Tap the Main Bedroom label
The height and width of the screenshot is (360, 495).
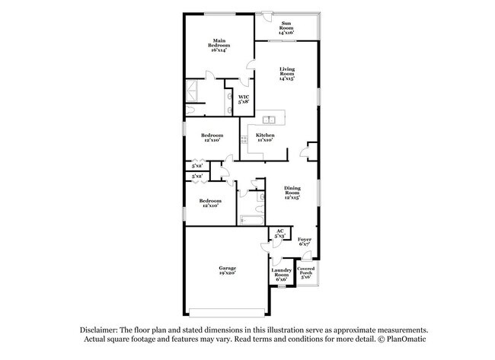pyautogui.click(x=219, y=43)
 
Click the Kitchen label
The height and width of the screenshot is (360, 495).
pyautogui.click(x=265, y=135)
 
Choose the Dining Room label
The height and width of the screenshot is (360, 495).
pyautogui.click(x=292, y=190)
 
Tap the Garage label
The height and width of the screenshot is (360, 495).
pyautogui.click(x=227, y=268)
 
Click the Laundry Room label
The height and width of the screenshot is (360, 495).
pyautogui.click(x=280, y=272)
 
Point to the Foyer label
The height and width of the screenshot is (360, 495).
pyautogui.click(x=305, y=239)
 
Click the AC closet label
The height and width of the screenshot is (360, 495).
pyautogui.click(x=279, y=231)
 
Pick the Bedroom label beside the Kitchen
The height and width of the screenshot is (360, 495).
pyautogui.click(x=212, y=135)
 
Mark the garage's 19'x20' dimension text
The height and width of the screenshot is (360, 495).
pyautogui.click(x=227, y=273)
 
